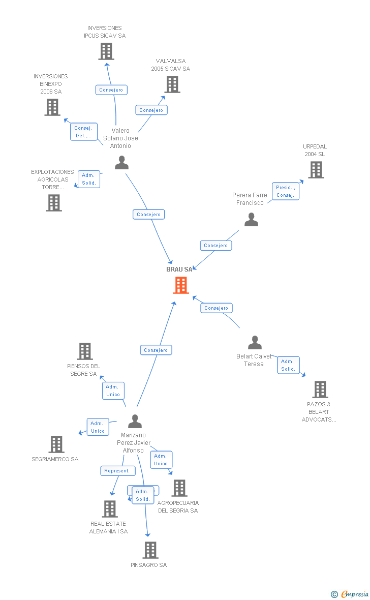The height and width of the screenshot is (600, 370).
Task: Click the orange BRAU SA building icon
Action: tap(180, 285)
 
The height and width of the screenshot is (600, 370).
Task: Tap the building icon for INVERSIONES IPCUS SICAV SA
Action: tap(106, 51)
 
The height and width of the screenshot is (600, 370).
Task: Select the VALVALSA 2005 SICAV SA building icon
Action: tap(172, 84)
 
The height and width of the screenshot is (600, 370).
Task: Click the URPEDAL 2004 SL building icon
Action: tap(316, 170)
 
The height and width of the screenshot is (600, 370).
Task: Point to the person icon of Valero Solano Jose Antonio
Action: tap(121, 163)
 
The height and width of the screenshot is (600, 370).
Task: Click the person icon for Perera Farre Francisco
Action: tap(251, 220)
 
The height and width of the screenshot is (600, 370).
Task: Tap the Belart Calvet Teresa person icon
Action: tap(255, 343)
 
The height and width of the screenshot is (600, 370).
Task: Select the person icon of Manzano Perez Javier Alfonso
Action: tap(135, 422)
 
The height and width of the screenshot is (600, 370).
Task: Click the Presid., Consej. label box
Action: tap(286, 191)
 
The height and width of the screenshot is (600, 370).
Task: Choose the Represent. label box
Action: tap(118, 471)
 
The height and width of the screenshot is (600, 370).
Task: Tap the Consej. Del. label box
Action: tap(83, 132)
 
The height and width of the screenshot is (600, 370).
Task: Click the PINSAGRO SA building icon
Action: tap(150, 550)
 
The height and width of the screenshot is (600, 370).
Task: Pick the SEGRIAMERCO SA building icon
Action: tap(56, 444)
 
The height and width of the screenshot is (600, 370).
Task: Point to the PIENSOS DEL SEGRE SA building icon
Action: tap(85, 351)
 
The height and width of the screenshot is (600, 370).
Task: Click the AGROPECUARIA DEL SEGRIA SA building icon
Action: tap(179, 488)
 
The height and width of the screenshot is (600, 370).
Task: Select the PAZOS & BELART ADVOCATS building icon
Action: tap(320, 389)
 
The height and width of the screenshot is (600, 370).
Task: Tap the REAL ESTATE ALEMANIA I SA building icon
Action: tap(110, 509)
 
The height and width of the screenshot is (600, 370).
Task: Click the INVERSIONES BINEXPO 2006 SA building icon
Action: tap(52, 107)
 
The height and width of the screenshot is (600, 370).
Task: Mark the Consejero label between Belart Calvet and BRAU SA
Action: tap(217, 308)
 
